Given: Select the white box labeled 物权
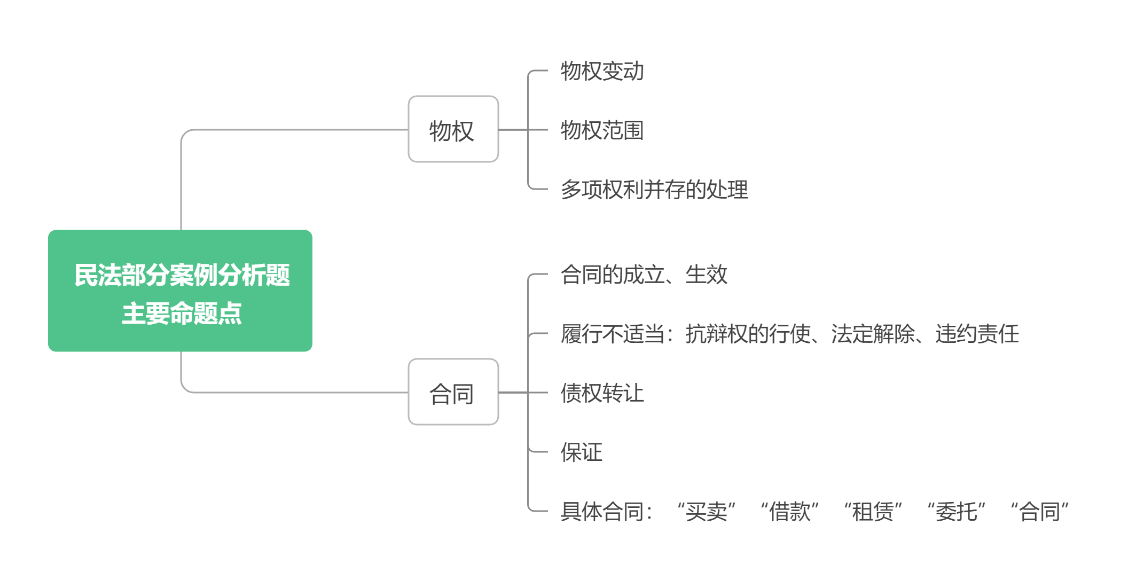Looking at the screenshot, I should click(453, 130).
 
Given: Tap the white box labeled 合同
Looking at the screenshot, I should click(453, 393).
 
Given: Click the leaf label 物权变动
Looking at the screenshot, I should click(602, 71).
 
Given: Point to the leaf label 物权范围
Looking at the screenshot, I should click(602, 130).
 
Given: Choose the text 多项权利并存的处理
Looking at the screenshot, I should click(654, 190).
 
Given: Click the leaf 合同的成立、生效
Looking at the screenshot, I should click(644, 275).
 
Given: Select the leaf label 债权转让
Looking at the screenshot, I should click(602, 393).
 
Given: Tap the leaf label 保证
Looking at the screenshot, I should click(581, 452).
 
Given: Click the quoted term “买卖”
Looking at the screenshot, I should click(706, 512).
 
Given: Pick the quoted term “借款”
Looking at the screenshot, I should click(789, 512).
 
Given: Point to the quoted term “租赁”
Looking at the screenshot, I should click(873, 512).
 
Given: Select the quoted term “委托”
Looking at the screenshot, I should click(956, 512).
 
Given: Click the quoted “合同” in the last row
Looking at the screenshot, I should click(1039, 512).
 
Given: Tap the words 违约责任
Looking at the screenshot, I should click(977, 334).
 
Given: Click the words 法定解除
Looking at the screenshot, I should click(873, 334).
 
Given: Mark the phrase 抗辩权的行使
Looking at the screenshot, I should click(748, 334).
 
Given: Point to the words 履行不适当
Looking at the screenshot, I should click(612, 334).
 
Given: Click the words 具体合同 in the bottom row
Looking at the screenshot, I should click(602, 512).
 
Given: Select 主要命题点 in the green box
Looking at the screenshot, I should click(182, 313).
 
